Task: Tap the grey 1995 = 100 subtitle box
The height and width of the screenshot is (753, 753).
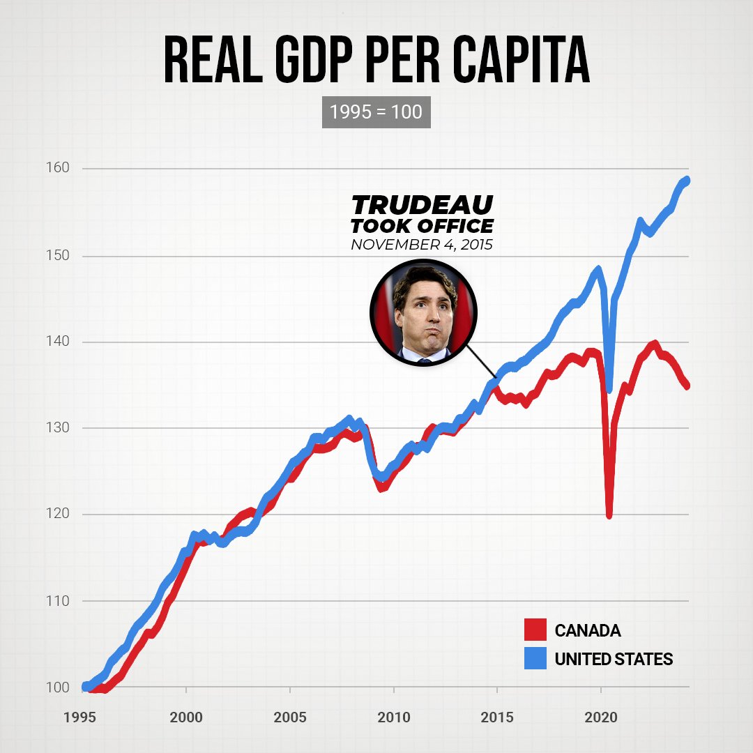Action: coord(376,112)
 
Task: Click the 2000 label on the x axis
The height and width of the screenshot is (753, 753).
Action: coord(186,717)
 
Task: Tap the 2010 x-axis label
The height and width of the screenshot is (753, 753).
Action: coord(394,717)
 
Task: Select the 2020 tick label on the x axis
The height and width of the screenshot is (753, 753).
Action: coord(601,717)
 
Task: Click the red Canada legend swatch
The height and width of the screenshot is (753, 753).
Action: coord(535,630)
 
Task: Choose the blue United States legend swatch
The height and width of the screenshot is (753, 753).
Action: coord(535,658)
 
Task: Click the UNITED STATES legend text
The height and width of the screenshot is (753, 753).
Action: coord(614,659)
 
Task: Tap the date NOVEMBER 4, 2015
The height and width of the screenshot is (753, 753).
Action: coord(422,245)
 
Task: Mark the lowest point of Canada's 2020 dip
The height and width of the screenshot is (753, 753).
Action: coord(609,515)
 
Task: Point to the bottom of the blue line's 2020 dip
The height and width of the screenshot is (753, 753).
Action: coord(609,388)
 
